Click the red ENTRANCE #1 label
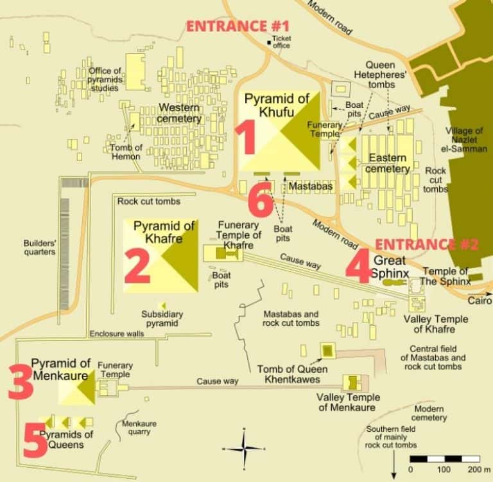pyautogui.click(x=238, y=26)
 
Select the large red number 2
pyautogui.click(x=137, y=265)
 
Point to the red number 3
pyautogui.click(x=20, y=382)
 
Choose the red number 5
pyautogui.click(x=35, y=440)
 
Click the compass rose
pyautogui.click(x=244, y=448)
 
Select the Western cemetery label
pyautogui.click(x=180, y=112)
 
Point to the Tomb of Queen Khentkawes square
pyautogui.click(x=328, y=350)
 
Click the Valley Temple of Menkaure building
pyautogui.click(x=352, y=383)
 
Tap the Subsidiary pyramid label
pyautogui.click(x=162, y=319)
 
